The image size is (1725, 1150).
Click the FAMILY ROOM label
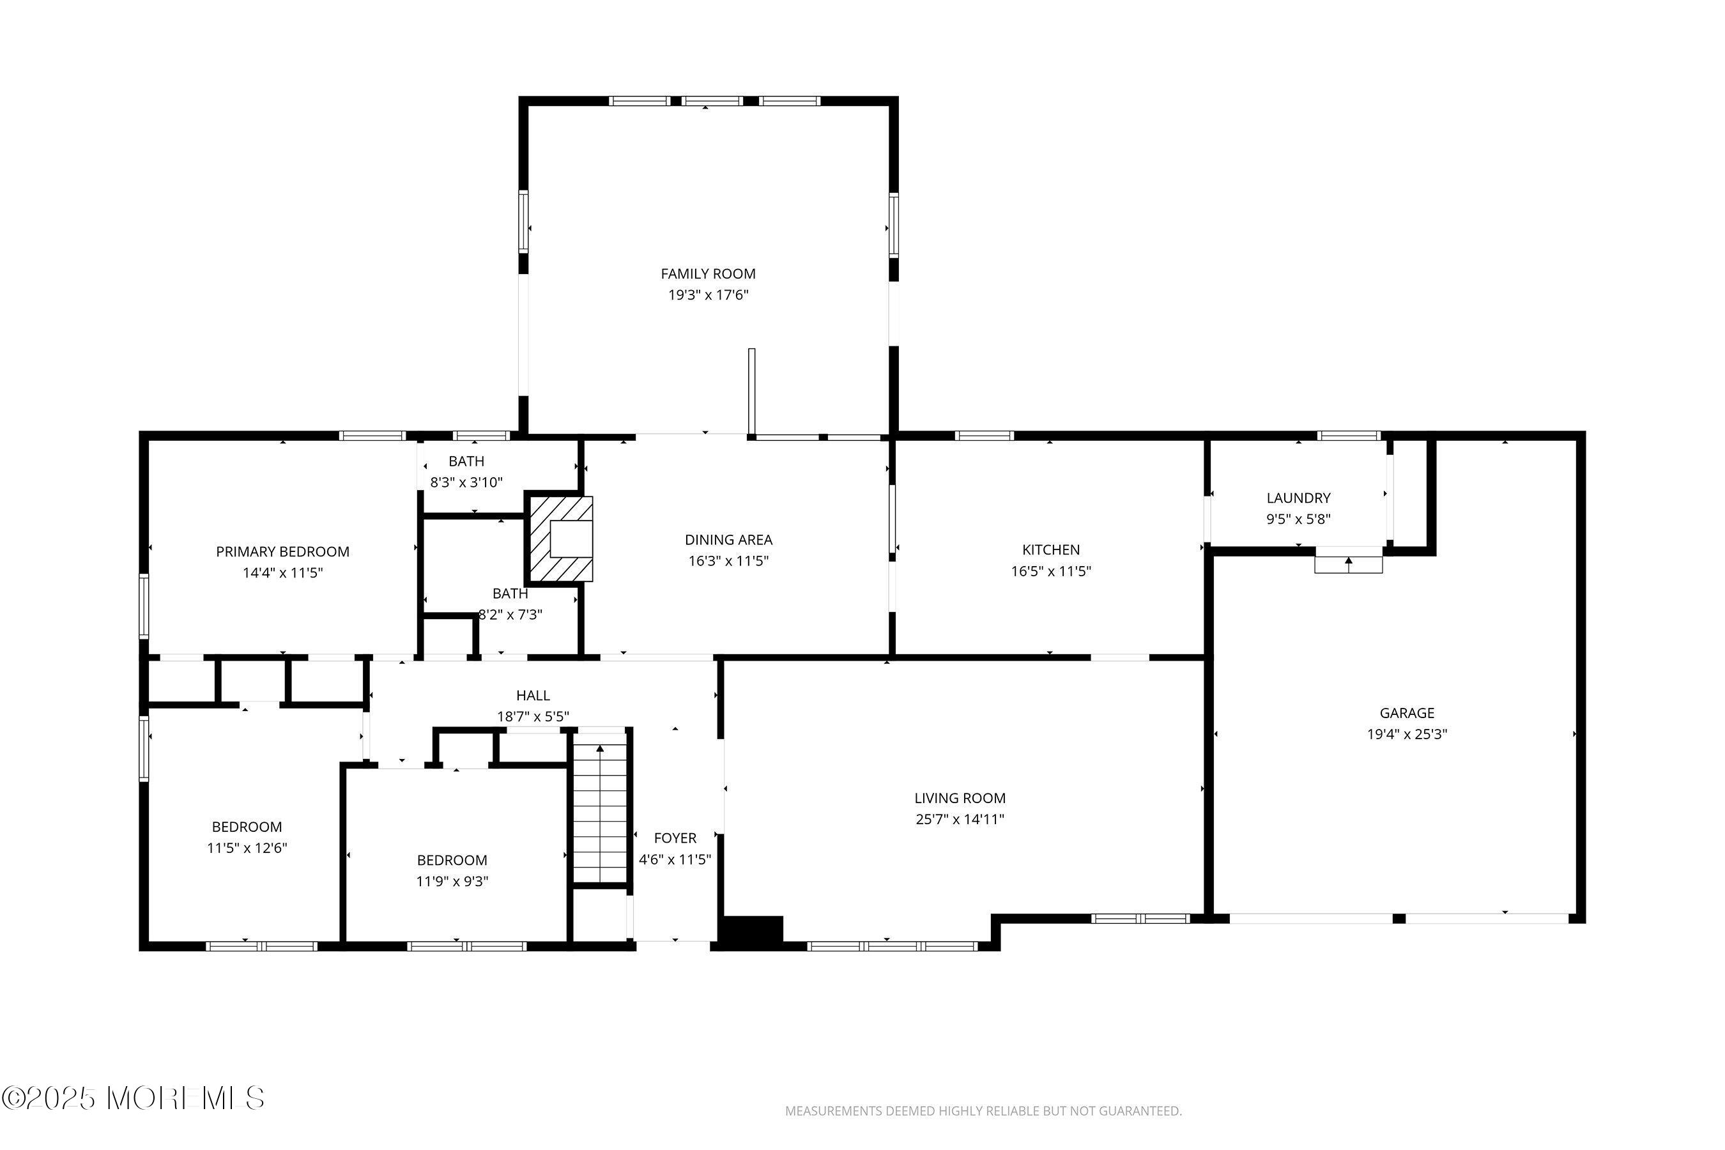708,273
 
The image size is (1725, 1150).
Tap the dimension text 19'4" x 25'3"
1407,734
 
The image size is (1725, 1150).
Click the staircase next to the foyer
601,813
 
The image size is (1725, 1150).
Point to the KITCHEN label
1051,549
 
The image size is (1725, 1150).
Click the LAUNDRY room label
1298,498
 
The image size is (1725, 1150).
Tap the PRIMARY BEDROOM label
282,551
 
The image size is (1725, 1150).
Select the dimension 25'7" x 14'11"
960,819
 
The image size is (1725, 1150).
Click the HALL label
532,695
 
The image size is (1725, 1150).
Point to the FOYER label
675,838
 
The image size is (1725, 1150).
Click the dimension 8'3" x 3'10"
466,482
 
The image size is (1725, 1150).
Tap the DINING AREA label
728,540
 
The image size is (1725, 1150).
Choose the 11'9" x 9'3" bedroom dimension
452,882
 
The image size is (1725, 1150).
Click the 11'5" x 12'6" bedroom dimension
247,848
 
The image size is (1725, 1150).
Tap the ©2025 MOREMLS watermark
133,1098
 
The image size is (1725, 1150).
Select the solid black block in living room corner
753,928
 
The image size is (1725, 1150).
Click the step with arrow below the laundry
1348,564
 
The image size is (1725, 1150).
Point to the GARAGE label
1407,713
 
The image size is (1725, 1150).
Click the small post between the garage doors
1399,918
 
